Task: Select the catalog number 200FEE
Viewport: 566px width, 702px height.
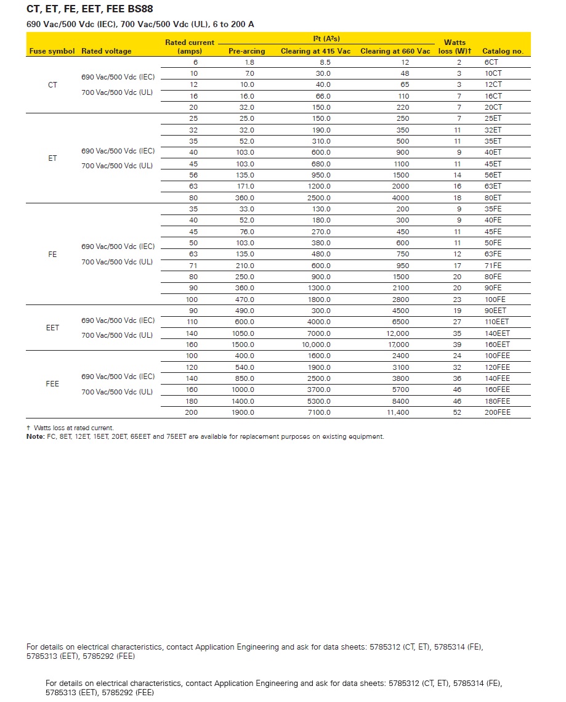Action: pos(498,412)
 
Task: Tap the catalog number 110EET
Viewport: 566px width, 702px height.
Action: pos(498,322)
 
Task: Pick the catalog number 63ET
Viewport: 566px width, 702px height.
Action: pos(493,186)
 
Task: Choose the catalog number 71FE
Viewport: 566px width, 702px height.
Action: pos(493,266)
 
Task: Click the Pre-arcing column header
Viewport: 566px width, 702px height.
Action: pos(246,51)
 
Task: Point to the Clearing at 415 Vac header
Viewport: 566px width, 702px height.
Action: pos(315,51)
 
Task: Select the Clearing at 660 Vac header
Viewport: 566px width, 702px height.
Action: pos(395,51)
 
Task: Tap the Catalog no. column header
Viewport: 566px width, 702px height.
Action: pos(503,51)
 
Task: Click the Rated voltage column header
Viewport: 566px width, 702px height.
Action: pos(107,51)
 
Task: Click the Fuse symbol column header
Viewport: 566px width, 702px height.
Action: pos(52,51)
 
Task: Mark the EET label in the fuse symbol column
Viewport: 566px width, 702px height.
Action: pos(52,328)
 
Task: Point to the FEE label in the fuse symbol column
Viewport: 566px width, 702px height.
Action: pos(52,384)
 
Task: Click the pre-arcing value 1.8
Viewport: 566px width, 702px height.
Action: pos(249,62)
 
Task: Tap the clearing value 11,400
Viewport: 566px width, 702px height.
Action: pos(398,412)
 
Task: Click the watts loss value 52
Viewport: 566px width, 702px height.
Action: pos(458,412)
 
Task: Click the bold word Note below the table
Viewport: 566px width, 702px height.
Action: pos(36,436)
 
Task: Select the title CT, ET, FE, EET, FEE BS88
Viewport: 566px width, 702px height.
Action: pos(90,9)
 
